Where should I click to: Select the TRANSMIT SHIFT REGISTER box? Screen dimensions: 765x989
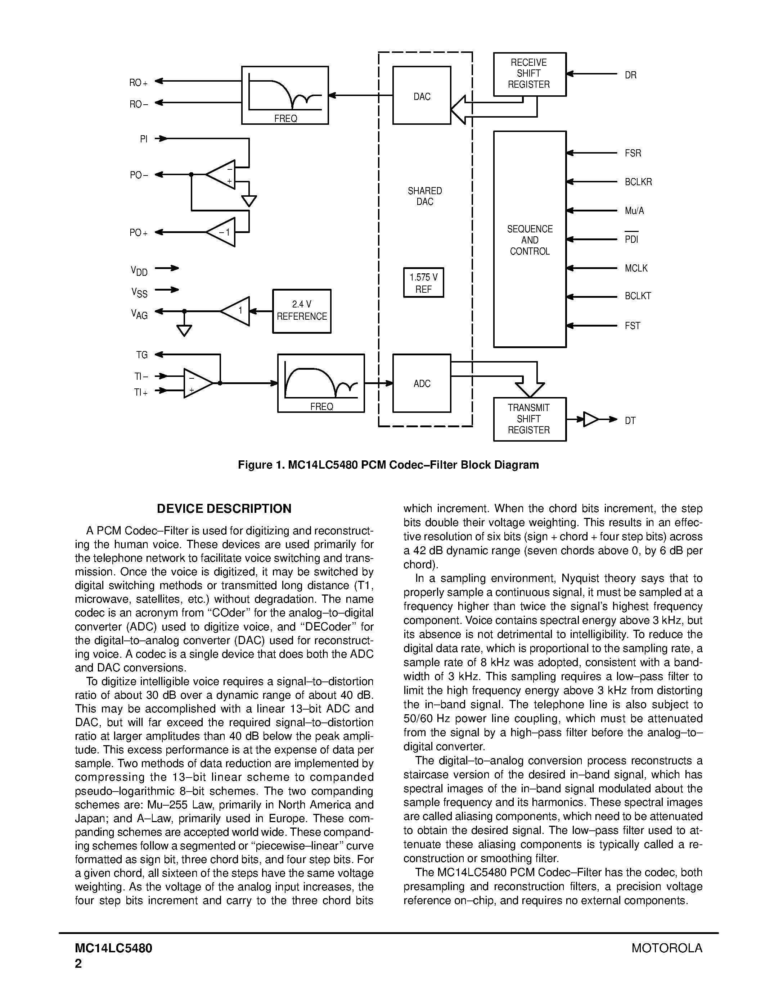coord(529,419)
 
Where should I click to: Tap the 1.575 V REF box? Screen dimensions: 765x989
coord(423,283)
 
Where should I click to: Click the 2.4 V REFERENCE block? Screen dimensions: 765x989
coord(301,311)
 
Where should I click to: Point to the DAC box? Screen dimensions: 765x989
coord(422,96)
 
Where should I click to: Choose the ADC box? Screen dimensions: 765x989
coord(422,383)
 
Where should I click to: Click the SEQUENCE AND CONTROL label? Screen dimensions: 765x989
coord(529,240)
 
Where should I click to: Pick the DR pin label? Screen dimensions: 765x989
coord(630,75)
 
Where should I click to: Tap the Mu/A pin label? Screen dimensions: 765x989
coord(634,211)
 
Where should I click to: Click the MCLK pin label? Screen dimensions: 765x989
coord(636,268)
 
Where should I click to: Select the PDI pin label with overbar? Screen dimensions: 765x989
coord(631,239)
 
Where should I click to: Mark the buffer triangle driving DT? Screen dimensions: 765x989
coord(590,419)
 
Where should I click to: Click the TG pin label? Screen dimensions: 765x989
coord(142,355)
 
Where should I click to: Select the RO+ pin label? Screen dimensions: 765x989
coord(138,83)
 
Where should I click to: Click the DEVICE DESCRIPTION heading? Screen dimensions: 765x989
coord(224,509)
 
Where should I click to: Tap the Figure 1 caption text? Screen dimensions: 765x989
coord(388,465)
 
